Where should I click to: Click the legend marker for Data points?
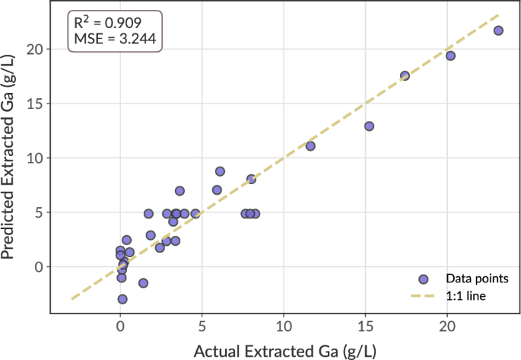424,279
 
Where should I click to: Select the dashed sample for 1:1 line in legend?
424,295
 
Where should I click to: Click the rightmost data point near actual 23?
498,30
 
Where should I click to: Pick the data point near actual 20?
450,56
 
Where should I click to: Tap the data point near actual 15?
369,126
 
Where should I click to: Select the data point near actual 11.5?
310,146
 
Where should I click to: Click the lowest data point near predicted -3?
122,299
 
